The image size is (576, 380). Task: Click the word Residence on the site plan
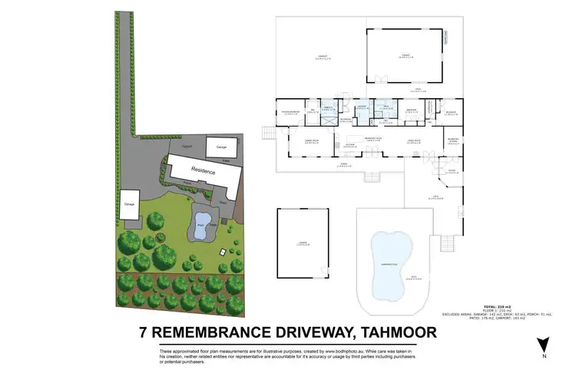(x=204, y=173)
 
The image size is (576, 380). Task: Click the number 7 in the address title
(x=144, y=332)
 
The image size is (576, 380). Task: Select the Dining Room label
(x=312, y=141)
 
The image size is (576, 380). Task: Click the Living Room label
(x=412, y=141)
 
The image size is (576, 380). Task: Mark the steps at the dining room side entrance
(x=269, y=134)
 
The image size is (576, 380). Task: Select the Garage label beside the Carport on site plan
(x=221, y=146)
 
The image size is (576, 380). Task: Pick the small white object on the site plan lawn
(x=222, y=253)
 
